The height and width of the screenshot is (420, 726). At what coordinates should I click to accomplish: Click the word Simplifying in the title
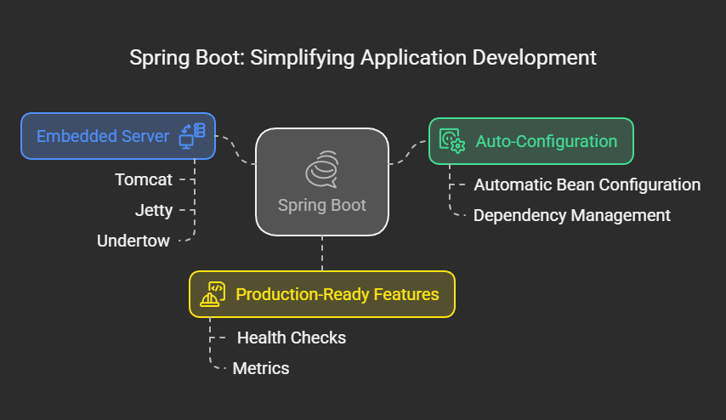pyautogui.click(x=303, y=59)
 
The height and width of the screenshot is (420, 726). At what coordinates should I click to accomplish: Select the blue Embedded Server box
pyautogui.click(x=118, y=136)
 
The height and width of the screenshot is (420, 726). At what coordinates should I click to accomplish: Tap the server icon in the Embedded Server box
pyautogui.click(x=192, y=136)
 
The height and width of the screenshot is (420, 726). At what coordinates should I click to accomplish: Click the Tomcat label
pyautogui.click(x=144, y=179)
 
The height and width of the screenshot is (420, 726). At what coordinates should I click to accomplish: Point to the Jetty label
pyautogui.click(x=154, y=211)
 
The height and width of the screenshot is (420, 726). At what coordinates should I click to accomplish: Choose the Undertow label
pyautogui.click(x=133, y=241)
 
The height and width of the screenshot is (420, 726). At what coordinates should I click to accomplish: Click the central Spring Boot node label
pyautogui.click(x=322, y=205)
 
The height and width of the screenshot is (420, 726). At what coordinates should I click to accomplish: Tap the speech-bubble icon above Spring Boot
pyautogui.click(x=322, y=169)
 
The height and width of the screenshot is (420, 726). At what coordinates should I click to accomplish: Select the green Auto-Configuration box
pyautogui.click(x=531, y=141)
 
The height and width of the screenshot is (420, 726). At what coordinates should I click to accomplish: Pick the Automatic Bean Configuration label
pyautogui.click(x=587, y=184)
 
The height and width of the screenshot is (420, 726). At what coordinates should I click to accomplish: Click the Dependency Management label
pyautogui.click(x=572, y=215)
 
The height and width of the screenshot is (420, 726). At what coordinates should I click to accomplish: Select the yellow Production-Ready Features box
pyautogui.click(x=322, y=294)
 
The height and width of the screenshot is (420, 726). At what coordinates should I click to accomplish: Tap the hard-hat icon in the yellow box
pyautogui.click(x=213, y=294)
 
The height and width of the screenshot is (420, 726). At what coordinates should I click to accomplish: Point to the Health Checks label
pyautogui.click(x=292, y=338)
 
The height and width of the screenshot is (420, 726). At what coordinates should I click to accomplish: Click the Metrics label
pyautogui.click(x=261, y=369)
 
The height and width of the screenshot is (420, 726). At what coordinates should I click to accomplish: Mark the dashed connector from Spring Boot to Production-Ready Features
pyautogui.click(x=322, y=253)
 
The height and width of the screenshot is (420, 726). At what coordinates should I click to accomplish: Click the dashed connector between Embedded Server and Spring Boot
pyautogui.click(x=235, y=150)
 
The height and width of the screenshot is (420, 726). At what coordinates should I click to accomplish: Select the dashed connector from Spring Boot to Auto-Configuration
pyautogui.click(x=409, y=152)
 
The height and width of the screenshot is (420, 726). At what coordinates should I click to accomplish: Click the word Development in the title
pyautogui.click(x=535, y=59)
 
